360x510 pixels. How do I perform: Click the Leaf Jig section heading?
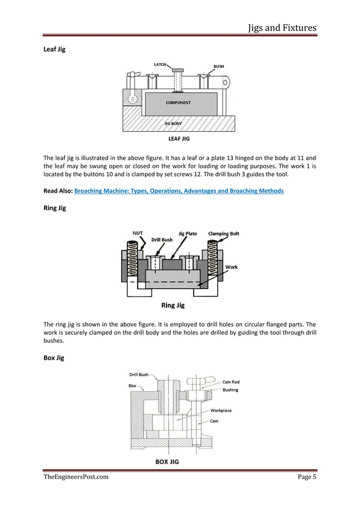pyautogui.click(x=54, y=50)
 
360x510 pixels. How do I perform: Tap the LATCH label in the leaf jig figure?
pyautogui.click(x=160, y=64)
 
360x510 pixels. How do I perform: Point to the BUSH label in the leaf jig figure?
pyautogui.click(x=219, y=66)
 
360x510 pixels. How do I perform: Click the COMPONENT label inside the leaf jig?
pyautogui.click(x=178, y=103)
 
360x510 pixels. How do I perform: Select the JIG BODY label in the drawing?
pyautogui.click(x=176, y=123)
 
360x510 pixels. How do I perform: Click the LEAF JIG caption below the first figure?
pyautogui.click(x=179, y=137)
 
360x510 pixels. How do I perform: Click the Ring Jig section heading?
pyautogui.click(x=55, y=208)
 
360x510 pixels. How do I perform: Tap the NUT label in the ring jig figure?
pyautogui.click(x=137, y=233)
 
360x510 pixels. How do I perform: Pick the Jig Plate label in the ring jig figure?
pyautogui.click(x=187, y=233)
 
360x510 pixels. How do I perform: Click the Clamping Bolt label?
pyautogui.click(x=223, y=233)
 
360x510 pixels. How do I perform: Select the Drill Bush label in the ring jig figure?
pyautogui.click(x=162, y=239)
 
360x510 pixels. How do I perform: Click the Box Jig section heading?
pyautogui.click(x=54, y=357)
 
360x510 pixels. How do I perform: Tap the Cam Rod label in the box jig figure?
pyautogui.click(x=231, y=382)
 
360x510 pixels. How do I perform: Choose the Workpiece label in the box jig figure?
pyautogui.click(x=221, y=411)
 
